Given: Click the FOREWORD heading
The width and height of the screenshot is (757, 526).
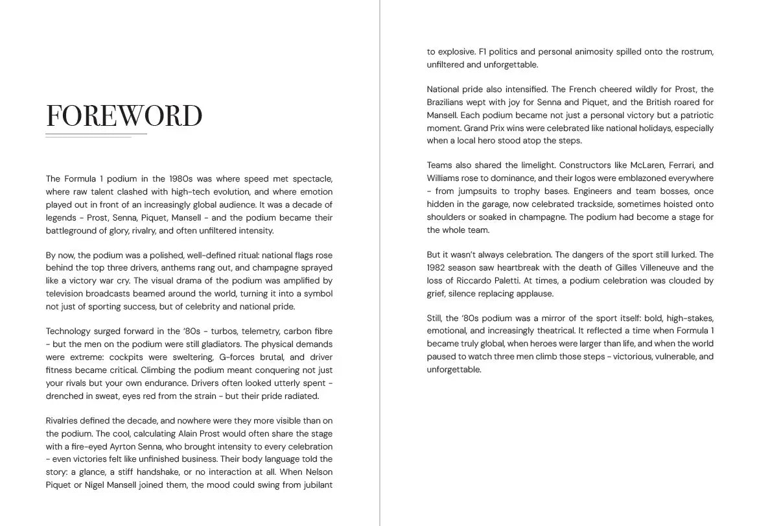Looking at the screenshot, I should [x=124, y=115].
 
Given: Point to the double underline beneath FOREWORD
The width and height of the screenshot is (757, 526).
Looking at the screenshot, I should [x=96, y=135].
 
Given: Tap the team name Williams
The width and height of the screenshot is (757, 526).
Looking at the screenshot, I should [x=443, y=178].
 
